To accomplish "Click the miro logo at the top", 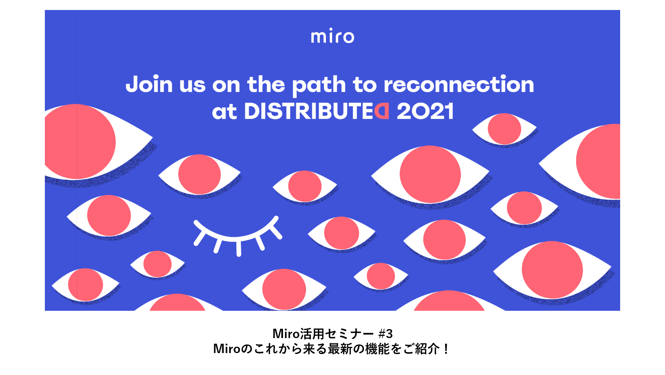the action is (x=332, y=36).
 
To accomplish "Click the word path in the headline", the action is (x=319, y=86).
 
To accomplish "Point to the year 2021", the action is (x=425, y=111).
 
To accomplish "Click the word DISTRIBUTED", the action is (x=317, y=111).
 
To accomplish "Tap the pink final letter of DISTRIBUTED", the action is (x=382, y=111).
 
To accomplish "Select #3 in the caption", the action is (x=386, y=333).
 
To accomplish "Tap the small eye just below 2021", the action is (x=504, y=129).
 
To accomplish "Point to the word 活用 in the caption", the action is (x=312, y=333).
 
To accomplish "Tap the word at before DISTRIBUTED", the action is (x=225, y=112).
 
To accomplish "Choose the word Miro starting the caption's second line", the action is (x=227, y=349).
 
